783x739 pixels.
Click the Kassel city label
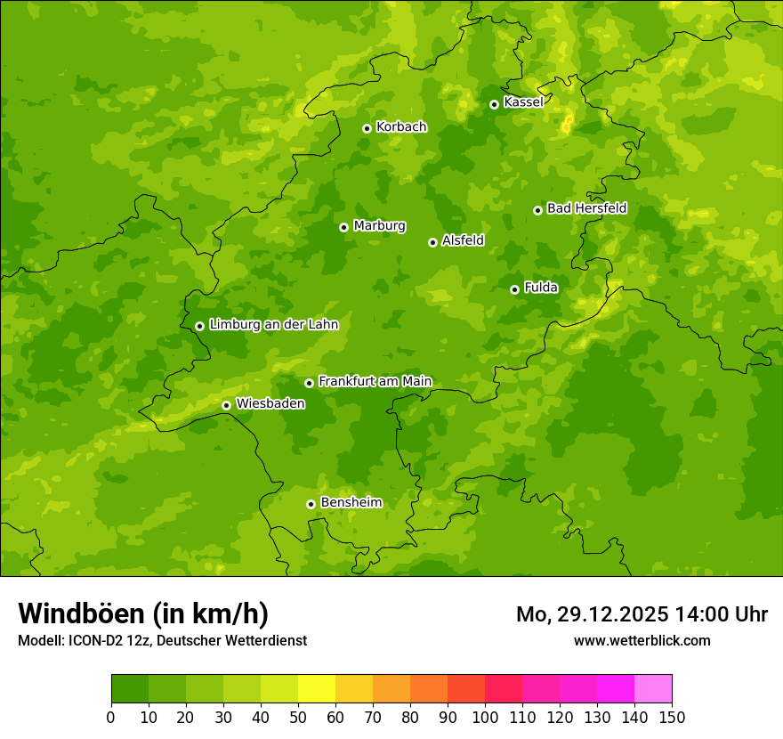(x=523, y=102)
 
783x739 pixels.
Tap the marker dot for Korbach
(x=367, y=128)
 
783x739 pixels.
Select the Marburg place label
(x=379, y=226)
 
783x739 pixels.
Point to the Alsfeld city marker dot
(x=432, y=242)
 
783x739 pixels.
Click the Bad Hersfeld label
(x=586, y=208)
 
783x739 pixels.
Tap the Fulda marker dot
(x=514, y=289)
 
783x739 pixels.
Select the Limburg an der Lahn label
(x=273, y=325)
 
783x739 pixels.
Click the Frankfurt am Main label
(x=375, y=382)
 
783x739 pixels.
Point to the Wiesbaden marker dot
(x=226, y=405)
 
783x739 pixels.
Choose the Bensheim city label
(x=351, y=503)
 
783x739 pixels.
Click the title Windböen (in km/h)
(x=143, y=613)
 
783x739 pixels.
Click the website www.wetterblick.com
(x=642, y=640)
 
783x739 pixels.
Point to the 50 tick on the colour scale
(x=298, y=717)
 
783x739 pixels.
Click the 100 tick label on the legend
(x=485, y=717)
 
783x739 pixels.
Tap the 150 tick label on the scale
(x=672, y=717)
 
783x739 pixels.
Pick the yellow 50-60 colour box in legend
(x=317, y=688)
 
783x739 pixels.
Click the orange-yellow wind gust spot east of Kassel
(x=567, y=125)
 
